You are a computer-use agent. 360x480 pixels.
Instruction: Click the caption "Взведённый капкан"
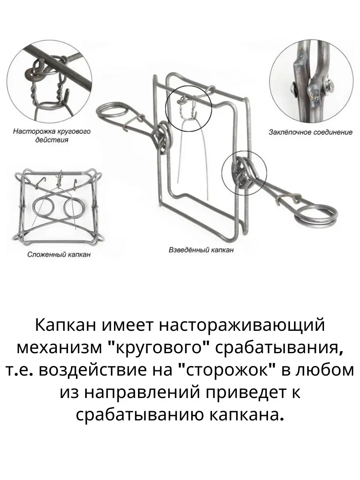pyautogui.click(x=201, y=250)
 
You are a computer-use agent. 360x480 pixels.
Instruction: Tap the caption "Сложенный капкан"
pyautogui.click(x=59, y=255)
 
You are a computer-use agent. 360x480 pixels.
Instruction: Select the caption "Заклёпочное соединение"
pyautogui.click(x=311, y=132)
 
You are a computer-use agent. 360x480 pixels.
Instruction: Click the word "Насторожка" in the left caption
pyautogui.click(x=34, y=132)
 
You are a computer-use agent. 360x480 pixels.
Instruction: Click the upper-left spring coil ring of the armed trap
pyautogui.click(x=112, y=110)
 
